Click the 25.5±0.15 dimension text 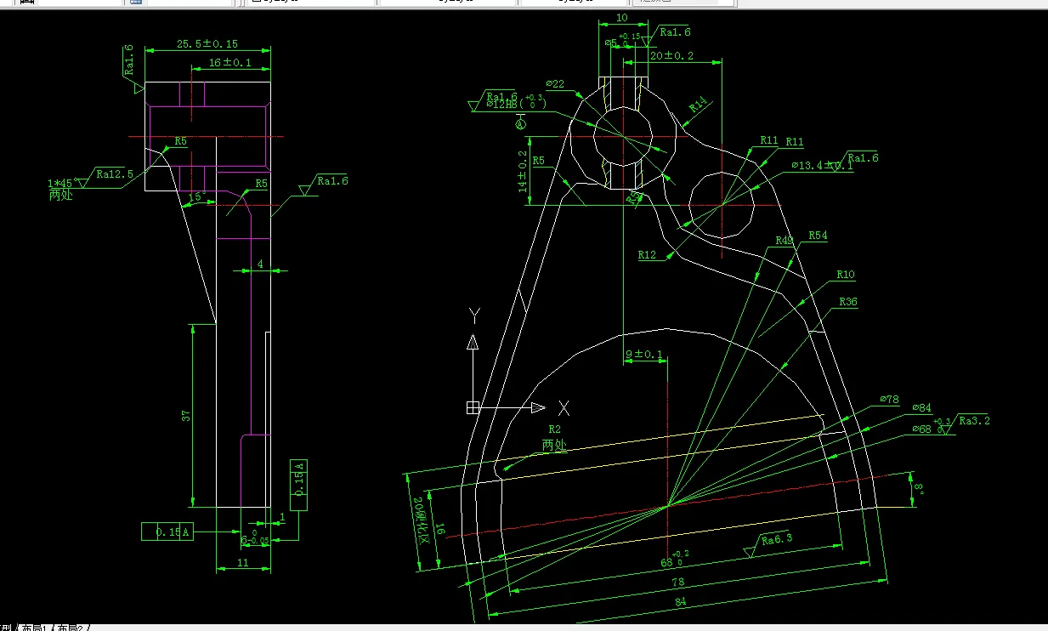point(207,44)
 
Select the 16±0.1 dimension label point(231,63)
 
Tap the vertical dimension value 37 point(186,416)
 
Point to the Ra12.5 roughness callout point(115,173)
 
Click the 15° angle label point(195,196)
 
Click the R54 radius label point(818,235)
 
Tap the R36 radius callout point(848,302)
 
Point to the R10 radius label point(846,275)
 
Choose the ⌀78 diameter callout point(888,399)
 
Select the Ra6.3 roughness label point(777,539)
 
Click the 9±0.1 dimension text point(643,354)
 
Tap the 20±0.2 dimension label point(671,56)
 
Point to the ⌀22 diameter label point(555,83)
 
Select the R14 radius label point(698,105)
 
